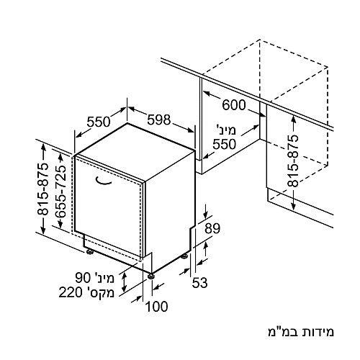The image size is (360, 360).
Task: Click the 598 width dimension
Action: point(159,120)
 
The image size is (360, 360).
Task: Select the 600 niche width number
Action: point(234,105)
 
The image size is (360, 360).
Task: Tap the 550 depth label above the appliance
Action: point(99,122)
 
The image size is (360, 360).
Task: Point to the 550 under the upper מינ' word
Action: point(225,144)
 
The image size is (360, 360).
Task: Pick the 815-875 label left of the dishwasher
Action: point(42,189)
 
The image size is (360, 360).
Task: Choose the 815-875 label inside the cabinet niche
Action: point(293,161)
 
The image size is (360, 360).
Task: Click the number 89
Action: point(212,228)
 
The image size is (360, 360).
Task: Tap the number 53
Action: point(199,282)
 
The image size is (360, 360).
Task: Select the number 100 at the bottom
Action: point(157,307)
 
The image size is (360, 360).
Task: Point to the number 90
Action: point(84,278)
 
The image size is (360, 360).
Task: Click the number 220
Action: point(71,293)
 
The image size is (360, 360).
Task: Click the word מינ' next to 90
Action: point(104,278)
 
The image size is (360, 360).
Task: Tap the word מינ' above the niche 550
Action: point(226,130)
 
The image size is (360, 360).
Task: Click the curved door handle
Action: point(103,181)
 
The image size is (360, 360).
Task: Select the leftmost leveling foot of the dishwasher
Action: point(90,252)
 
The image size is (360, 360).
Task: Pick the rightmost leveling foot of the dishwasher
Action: point(184,256)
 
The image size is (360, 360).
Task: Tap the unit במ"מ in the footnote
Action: point(282,332)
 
